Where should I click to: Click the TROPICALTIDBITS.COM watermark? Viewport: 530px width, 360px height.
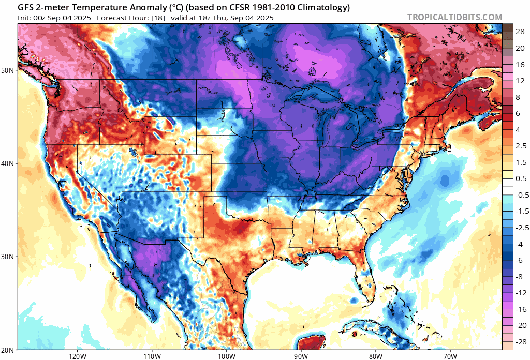click(454, 17)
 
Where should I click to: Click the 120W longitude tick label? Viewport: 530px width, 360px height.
click(77, 356)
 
